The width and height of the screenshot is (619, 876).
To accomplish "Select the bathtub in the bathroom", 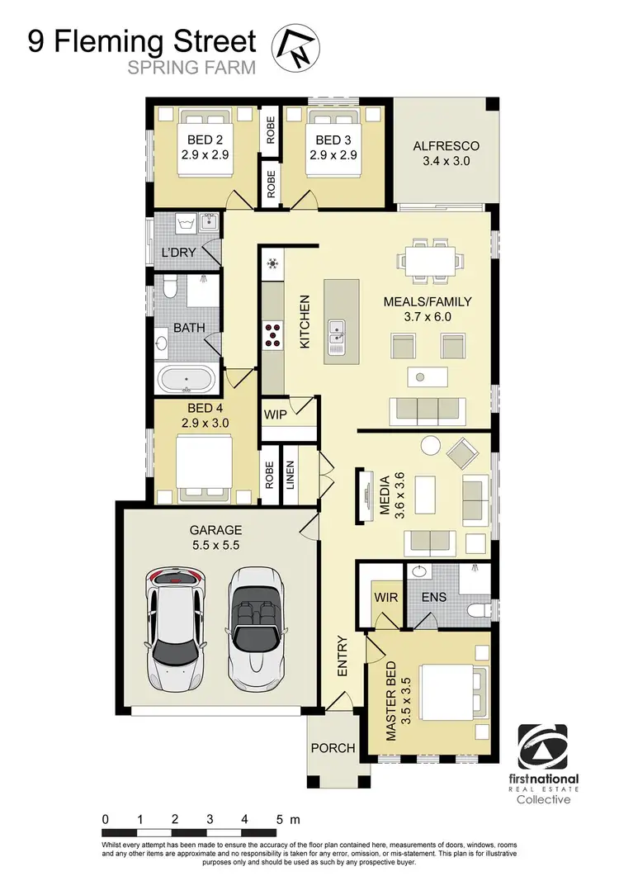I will point(187,381).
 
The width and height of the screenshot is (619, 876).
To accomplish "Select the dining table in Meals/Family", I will point(429,260).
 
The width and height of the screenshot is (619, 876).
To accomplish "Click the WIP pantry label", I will point(275,413).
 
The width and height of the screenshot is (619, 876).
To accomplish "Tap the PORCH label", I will point(333,748).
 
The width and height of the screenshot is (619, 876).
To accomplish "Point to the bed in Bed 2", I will point(204,149).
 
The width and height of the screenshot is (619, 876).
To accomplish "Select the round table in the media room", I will point(432,446).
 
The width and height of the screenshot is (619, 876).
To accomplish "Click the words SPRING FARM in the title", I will point(191,68).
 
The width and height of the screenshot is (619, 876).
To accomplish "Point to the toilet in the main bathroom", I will point(168,286).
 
